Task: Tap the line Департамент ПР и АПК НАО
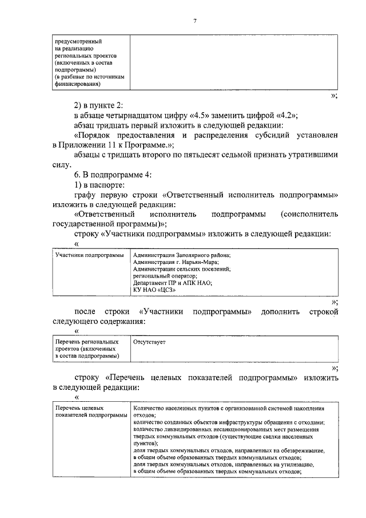(x=172, y=282)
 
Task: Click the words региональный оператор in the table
(x=160, y=275)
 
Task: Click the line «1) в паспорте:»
(x=104, y=185)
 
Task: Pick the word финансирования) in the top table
(x=78, y=84)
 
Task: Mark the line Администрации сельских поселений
(x=181, y=268)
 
